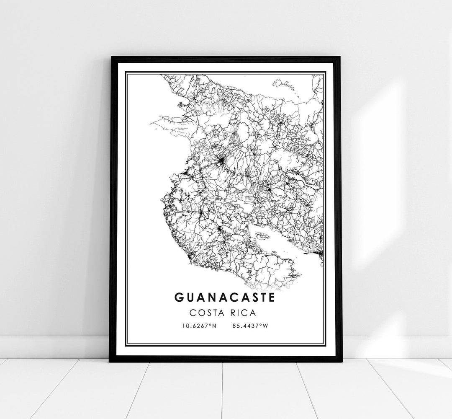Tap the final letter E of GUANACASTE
pos(272,297)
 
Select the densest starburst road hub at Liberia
pos(220,160)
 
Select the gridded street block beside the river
pos(248,196)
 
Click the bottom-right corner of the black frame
pos(341,361)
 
